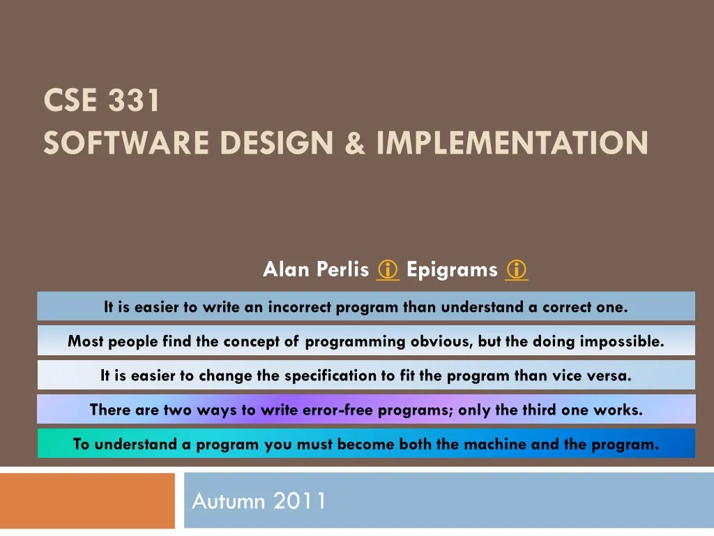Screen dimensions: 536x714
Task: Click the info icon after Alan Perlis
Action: tap(387, 269)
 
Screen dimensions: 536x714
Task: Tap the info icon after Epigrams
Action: tap(517, 269)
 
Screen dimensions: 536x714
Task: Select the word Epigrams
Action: tap(452, 269)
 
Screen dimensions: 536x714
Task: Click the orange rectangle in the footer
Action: tap(87, 500)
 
